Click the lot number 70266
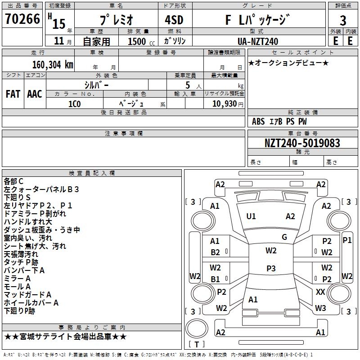tap(22, 20)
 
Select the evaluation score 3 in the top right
tap(343, 20)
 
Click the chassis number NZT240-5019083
tap(302, 143)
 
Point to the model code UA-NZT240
tap(257, 41)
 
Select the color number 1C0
tap(74, 103)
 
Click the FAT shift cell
tap(13, 94)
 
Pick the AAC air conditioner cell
tap(35, 94)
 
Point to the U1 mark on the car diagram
tap(251, 216)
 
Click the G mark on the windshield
tap(284, 237)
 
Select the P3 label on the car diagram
tap(271, 269)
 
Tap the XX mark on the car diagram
tap(320, 292)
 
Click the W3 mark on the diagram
tap(320, 308)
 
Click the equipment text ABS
tap(258, 121)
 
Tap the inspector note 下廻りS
tap(17, 198)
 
